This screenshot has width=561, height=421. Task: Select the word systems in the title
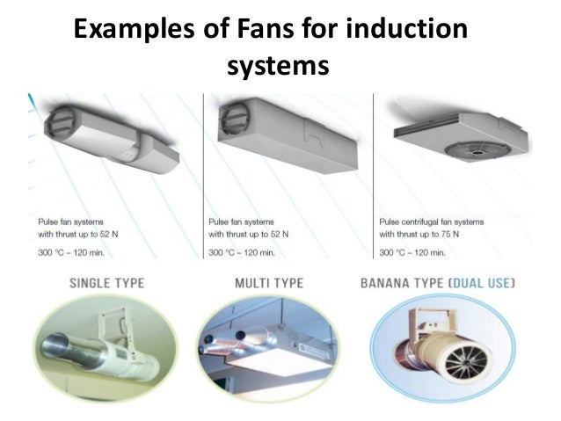(x=278, y=65)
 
